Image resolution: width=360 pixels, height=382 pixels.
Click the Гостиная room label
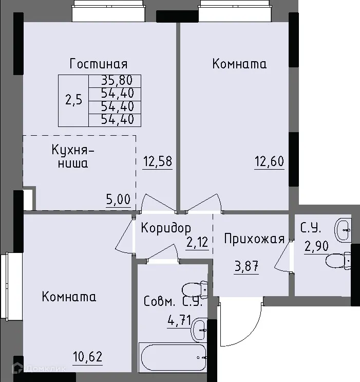[99, 64]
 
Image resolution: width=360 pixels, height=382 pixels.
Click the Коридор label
[166, 228]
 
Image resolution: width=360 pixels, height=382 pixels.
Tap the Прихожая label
[254, 239]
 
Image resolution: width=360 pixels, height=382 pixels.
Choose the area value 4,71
[179, 321]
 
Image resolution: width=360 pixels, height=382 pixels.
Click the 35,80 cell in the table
[115, 80]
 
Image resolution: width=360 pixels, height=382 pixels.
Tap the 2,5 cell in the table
[73, 100]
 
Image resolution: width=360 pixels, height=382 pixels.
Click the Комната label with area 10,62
[69, 297]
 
